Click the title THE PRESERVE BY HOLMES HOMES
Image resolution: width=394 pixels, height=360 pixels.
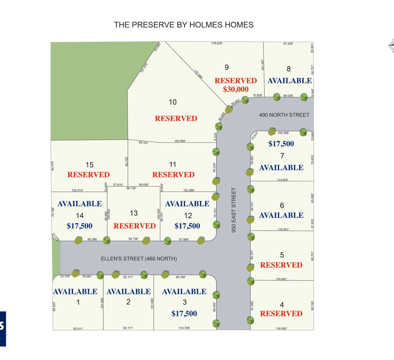pyautogui.click(x=184, y=25)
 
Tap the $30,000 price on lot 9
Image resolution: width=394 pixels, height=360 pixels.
pyautogui.click(x=236, y=89)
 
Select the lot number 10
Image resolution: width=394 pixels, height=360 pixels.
pyautogui.click(x=173, y=102)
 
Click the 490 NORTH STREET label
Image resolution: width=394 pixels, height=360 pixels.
pyautogui.click(x=284, y=115)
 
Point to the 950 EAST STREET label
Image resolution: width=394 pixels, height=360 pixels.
pyautogui.click(x=234, y=210)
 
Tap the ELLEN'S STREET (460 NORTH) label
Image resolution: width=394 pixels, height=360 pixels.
pyautogui.click(x=139, y=259)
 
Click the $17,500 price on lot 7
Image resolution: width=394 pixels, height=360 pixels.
pyautogui.click(x=281, y=144)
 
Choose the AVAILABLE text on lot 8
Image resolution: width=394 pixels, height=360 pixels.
pyautogui.click(x=289, y=81)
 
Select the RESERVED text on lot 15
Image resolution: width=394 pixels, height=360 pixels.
pyautogui.click(x=89, y=175)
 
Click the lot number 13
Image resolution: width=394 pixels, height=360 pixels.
pyautogui.click(x=134, y=213)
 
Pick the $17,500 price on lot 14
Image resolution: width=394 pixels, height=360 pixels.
pyautogui.click(x=79, y=226)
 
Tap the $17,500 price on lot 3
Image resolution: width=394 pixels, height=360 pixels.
pyautogui.click(x=184, y=314)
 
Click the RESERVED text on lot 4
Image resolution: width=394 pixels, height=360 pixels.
pyautogui.click(x=281, y=314)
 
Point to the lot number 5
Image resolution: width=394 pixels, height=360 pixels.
pyautogui.click(x=282, y=255)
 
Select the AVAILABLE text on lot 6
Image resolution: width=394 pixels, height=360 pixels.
pyautogui.click(x=281, y=216)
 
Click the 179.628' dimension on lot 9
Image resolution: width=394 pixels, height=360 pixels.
pyautogui.click(x=217, y=43)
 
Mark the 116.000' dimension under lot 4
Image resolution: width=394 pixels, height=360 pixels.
pyautogui.click(x=281, y=328)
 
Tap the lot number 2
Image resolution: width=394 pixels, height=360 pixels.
pyautogui.click(x=128, y=302)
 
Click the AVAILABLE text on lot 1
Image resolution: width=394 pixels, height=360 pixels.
pyautogui.click(x=75, y=292)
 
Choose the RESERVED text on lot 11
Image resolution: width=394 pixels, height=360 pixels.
pyautogui.click(x=173, y=175)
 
